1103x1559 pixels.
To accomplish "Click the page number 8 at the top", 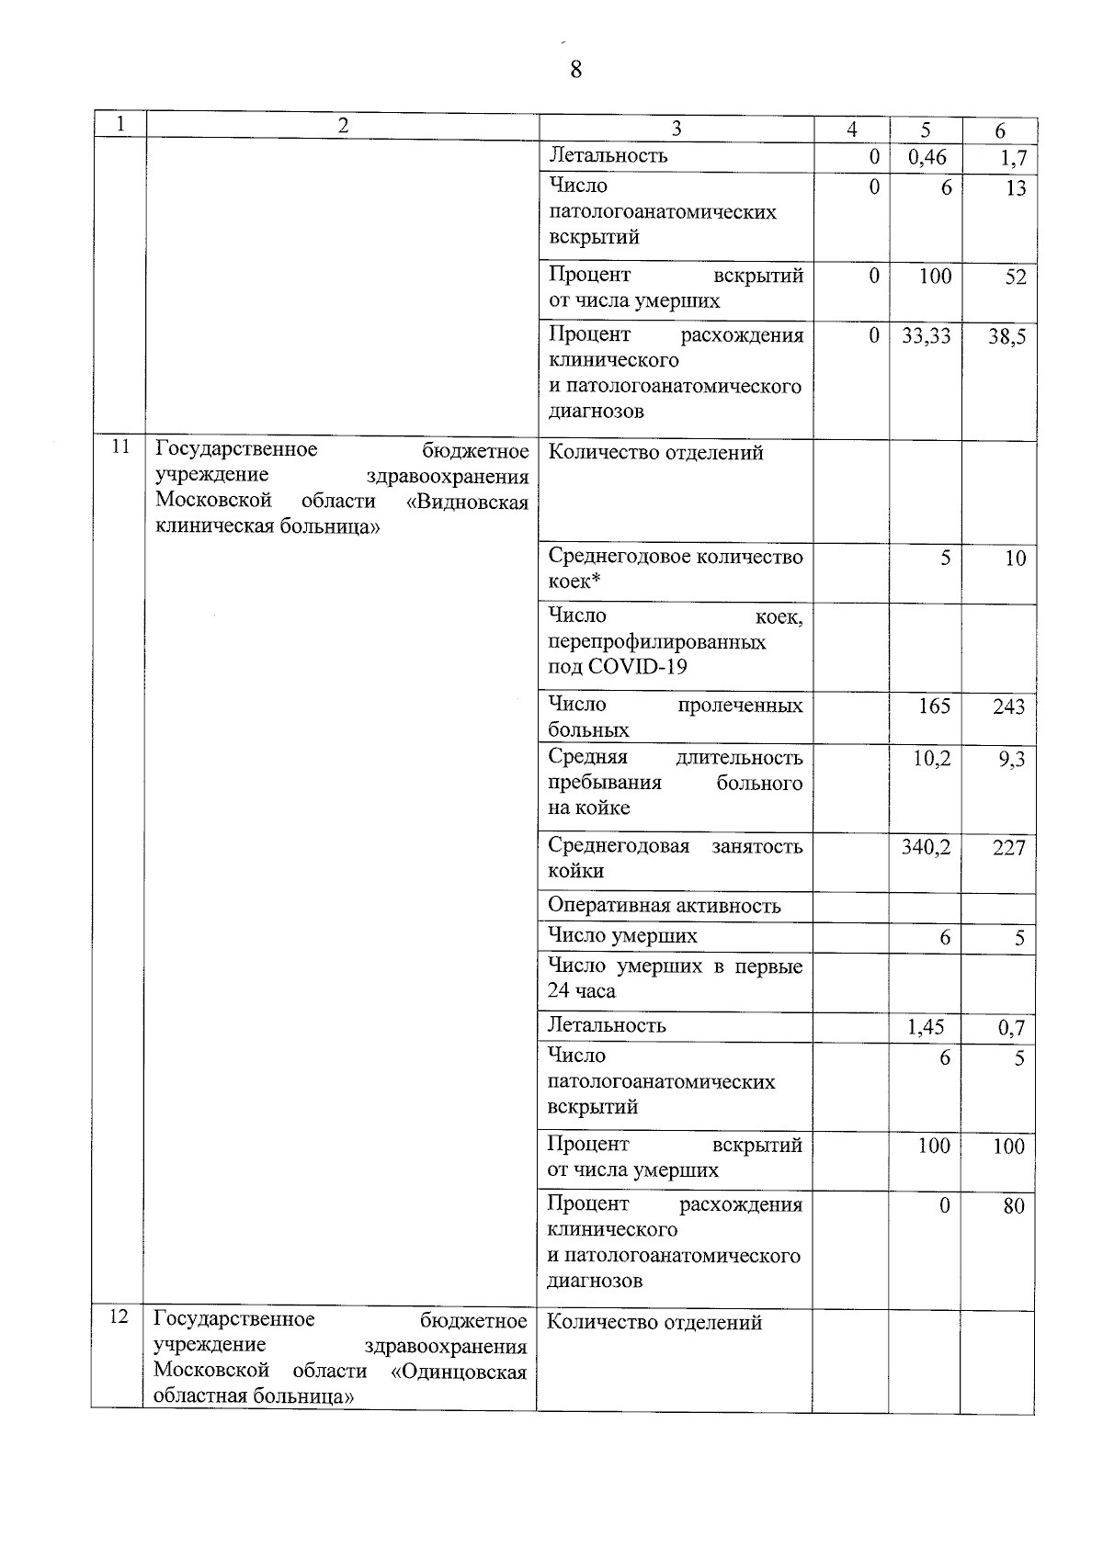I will pos(575,70).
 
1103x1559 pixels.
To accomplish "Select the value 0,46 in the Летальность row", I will pos(927,157).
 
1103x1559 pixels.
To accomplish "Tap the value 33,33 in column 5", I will pos(926,336).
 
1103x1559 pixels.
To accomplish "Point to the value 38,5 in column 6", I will pos(1006,337).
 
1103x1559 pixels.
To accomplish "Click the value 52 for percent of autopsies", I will pos(1015,277).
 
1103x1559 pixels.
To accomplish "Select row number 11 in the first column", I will pos(119,447).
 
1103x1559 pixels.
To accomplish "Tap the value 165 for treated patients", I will pos(934,706).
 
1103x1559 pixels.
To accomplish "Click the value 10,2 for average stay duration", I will pos(932,758).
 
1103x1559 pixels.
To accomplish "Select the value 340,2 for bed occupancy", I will pos(926,846).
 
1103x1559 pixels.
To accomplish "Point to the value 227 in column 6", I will pos(1008,847).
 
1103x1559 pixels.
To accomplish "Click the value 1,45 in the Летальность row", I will pos(926,1027).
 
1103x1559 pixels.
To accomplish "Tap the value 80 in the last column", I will pos(1014,1206).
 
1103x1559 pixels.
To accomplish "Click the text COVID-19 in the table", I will pos(637,667).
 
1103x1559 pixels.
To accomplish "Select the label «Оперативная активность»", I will pos(664,906).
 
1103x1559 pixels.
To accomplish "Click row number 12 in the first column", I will pos(118,1317).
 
